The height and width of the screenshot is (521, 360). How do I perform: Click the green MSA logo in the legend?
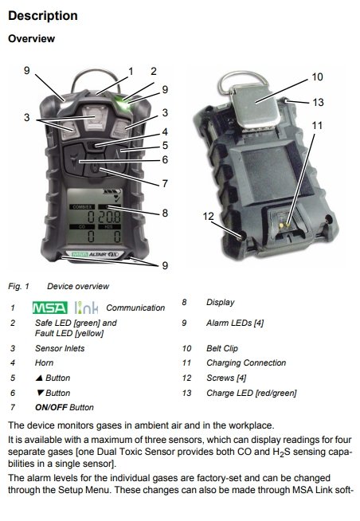click(x=50, y=308)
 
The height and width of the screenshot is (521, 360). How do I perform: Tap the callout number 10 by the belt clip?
click(x=317, y=76)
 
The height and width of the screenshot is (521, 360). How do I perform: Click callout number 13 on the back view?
click(x=318, y=102)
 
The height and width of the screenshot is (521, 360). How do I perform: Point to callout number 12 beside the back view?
click(x=208, y=217)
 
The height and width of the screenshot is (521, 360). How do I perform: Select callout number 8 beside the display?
click(x=165, y=213)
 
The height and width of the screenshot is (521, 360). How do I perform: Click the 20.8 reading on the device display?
click(x=109, y=217)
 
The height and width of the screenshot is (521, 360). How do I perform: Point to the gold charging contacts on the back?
click(x=284, y=225)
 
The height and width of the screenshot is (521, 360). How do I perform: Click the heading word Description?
click(x=43, y=16)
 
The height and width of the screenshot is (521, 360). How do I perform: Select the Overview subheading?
click(x=32, y=38)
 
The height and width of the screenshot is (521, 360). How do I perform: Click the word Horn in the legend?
click(x=44, y=362)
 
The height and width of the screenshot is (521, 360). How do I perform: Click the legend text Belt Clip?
click(x=222, y=348)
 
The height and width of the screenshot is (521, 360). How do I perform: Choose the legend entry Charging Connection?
click(x=246, y=362)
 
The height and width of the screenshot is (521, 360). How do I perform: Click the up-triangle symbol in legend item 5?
click(x=39, y=378)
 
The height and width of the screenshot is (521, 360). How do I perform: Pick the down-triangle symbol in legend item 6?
click(x=40, y=393)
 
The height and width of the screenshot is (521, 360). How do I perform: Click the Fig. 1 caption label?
click(x=18, y=286)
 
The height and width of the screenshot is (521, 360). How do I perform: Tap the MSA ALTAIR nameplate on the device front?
click(x=95, y=254)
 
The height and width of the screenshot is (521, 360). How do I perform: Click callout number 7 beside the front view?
click(x=165, y=183)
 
